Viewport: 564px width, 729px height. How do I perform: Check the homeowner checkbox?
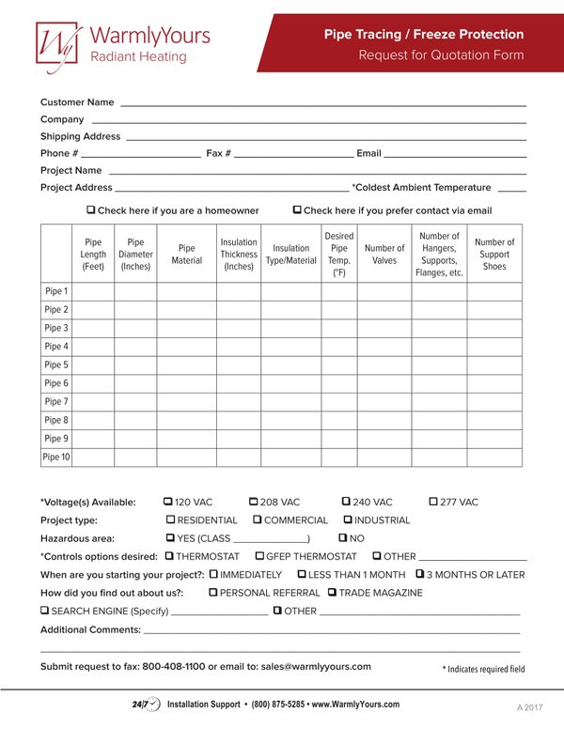point(91,210)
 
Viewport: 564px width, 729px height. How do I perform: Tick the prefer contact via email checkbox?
point(297,210)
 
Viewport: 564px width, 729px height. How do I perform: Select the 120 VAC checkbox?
point(167,502)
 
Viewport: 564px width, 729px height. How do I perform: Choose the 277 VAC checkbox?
point(433,502)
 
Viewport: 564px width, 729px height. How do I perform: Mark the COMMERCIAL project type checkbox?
point(258,520)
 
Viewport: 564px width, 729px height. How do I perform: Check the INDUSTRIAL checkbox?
point(348,520)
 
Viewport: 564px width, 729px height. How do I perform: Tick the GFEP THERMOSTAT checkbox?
point(259,556)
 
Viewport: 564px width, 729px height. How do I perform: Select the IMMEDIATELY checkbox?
point(214,574)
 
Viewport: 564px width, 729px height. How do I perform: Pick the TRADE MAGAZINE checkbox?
point(333,593)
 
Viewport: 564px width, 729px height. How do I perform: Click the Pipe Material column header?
point(186,254)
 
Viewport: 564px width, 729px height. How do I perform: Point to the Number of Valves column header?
point(384,254)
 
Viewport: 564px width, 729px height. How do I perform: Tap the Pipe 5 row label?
point(56,364)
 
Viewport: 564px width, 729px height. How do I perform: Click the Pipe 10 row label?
point(56,458)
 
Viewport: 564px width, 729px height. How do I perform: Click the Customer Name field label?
point(77,102)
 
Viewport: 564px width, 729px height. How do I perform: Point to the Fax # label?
point(218,153)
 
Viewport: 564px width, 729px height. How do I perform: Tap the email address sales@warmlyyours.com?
point(316,666)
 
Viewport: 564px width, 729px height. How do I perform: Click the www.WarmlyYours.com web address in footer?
point(355,705)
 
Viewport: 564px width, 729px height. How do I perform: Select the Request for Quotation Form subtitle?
point(441,54)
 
